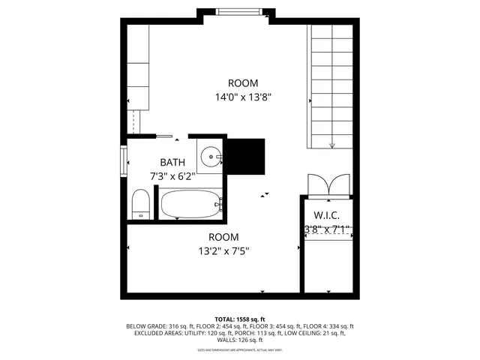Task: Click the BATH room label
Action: tap(172, 162)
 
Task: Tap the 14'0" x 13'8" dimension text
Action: tap(242, 97)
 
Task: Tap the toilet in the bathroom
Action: tap(139, 204)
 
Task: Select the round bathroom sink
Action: tap(212, 157)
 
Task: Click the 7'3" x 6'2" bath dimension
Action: tap(172, 176)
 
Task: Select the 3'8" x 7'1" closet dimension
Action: tap(326, 228)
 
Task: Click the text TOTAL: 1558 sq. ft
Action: tap(239, 319)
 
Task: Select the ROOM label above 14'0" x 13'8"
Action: tap(243, 82)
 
